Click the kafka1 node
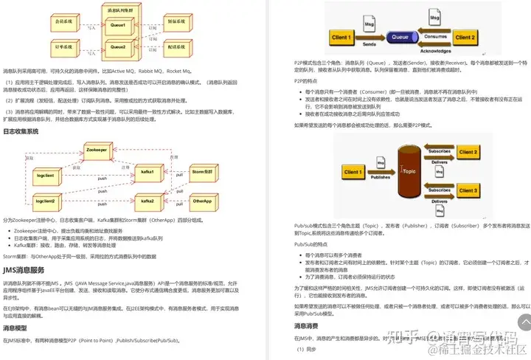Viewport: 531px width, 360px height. (x=147, y=172)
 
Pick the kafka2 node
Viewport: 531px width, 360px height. (x=147, y=201)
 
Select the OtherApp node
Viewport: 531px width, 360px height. (x=202, y=201)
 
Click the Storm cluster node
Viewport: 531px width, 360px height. (x=202, y=172)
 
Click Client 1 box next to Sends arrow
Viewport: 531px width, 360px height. (x=341, y=36)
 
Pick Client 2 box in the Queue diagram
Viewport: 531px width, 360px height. (x=465, y=36)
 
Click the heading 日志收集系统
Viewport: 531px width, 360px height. (x=21, y=131)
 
